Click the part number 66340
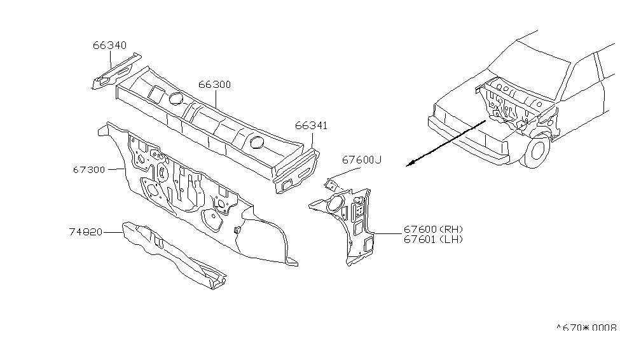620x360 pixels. [109, 45]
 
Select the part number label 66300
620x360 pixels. [215, 85]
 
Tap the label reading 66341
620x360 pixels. [311, 126]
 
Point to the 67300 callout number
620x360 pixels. [89, 170]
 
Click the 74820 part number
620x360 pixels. [85, 232]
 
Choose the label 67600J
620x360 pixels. [362, 160]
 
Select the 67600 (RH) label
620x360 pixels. [433, 229]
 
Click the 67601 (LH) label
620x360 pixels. [433, 239]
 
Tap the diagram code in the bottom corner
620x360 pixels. [587, 328]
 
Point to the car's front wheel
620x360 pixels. [537, 150]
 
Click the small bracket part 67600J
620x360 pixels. [331, 184]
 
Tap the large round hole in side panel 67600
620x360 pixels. [336, 202]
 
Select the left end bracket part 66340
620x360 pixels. [116, 71]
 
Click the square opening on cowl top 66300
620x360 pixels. [156, 92]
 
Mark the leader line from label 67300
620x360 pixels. [116, 169]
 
